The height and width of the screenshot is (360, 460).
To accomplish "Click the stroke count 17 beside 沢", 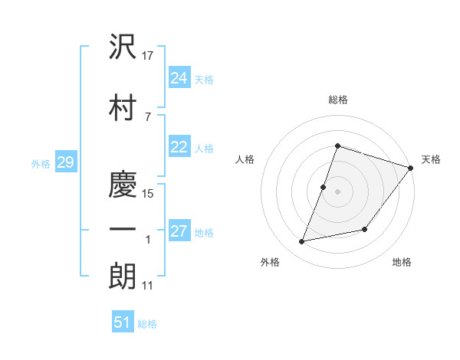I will point(148,56).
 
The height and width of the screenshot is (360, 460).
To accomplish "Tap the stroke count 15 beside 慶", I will point(148,194).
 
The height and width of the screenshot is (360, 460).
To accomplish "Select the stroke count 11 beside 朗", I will point(148,286).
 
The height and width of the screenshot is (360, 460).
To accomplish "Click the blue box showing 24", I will point(179,78).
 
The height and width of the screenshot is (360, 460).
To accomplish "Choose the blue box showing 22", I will point(179,148).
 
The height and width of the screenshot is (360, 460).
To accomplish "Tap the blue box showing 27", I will point(179,231).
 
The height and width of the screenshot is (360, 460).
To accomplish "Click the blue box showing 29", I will point(65,162).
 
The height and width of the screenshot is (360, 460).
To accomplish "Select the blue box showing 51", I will point(123,322).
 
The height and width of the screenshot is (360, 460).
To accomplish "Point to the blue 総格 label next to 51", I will point(147,324).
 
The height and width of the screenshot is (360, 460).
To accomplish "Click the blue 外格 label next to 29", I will point(41,163).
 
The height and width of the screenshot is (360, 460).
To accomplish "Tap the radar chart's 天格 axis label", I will point(431,159).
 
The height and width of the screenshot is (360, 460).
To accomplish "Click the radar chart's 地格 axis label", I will point(402,262).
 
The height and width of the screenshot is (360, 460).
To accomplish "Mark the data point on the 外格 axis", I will point(302,242).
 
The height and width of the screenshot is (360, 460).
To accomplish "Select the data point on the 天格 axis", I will point(411,169).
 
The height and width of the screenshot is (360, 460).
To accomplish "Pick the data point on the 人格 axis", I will point(324,187).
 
